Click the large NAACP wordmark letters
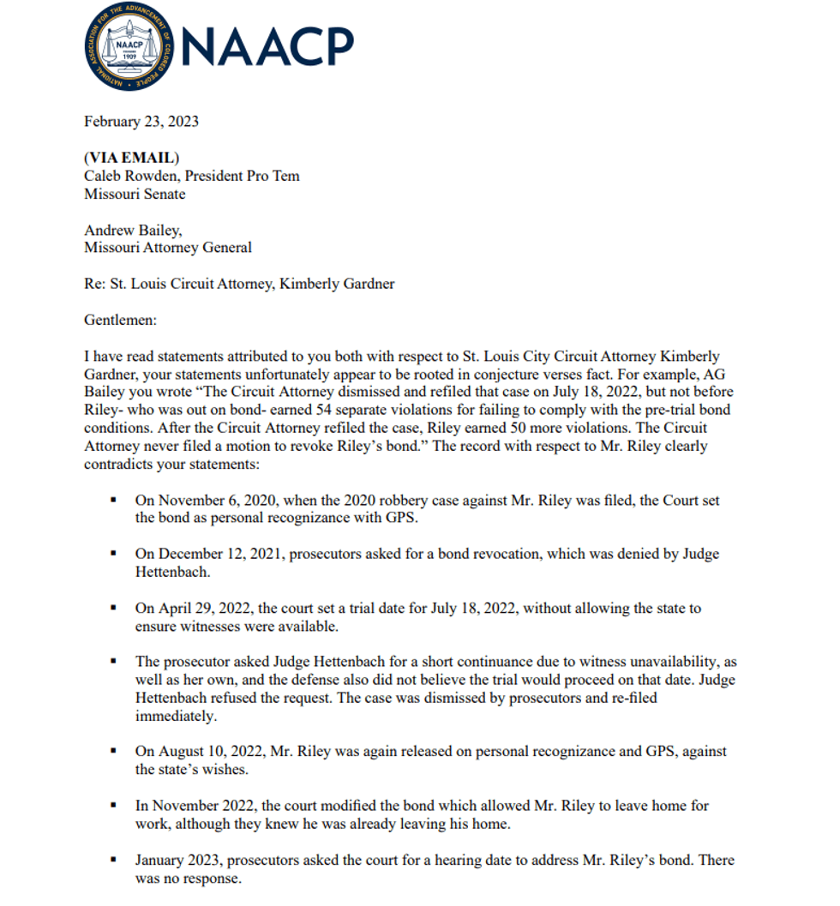268,47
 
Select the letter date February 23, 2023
141,122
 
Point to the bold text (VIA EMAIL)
132,159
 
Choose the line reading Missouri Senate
135,195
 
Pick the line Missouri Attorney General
168,248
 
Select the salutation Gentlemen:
120,320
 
